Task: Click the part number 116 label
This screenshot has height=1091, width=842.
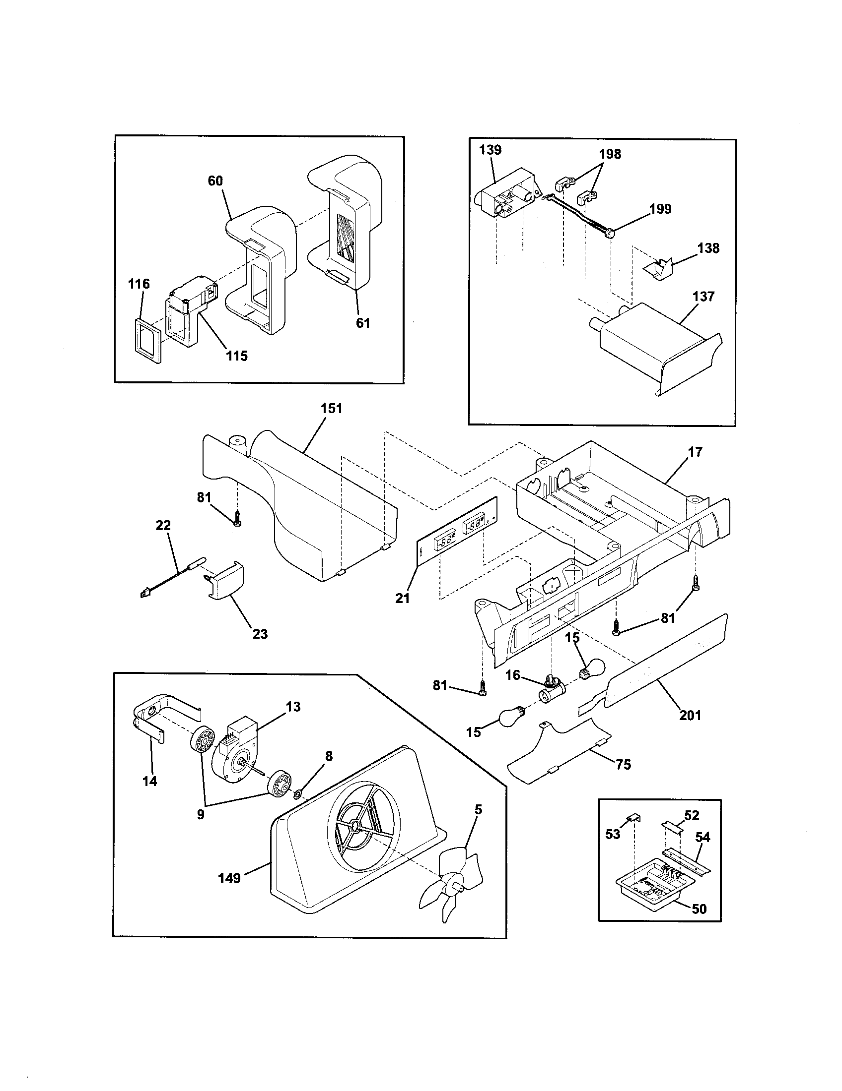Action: (139, 284)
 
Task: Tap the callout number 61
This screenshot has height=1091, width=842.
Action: (363, 323)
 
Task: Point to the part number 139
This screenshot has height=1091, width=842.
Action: (490, 150)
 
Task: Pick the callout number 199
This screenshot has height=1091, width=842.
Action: (660, 209)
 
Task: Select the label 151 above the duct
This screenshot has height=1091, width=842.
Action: (331, 408)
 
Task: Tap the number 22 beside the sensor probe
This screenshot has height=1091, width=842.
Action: (163, 525)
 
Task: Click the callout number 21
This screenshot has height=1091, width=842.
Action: (403, 598)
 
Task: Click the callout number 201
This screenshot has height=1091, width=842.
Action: (690, 715)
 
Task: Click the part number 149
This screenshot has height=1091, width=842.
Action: (229, 878)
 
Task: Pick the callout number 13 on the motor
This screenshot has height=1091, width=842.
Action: (293, 706)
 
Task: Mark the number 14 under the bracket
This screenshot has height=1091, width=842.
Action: (150, 781)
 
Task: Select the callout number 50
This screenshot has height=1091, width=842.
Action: (699, 909)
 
